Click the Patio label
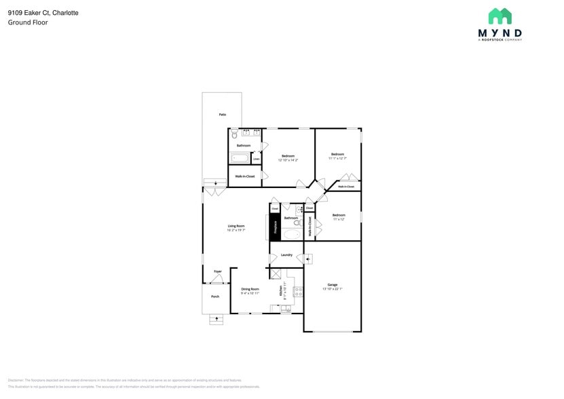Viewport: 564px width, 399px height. (x=222, y=115)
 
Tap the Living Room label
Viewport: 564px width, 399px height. (x=236, y=226)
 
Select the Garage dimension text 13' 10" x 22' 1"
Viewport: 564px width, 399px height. (x=333, y=289)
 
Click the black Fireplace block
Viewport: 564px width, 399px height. (x=275, y=227)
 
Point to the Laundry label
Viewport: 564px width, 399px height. (x=286, y=255)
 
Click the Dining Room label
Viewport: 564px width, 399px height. (x=250, y=289)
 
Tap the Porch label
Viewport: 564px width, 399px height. (x=215, y=297)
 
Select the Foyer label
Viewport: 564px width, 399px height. (x=217, y=271)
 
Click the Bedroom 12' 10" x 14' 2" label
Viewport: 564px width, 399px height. (x=288, y=156)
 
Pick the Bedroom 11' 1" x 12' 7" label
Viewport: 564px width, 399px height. (x=337, y=154)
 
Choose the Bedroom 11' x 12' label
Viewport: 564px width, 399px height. (x=338, y=215)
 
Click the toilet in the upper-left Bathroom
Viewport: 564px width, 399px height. (x=234, y=135)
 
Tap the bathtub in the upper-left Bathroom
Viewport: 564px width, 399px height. (x=240, y=158)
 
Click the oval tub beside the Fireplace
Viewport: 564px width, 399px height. (x=292, y=235)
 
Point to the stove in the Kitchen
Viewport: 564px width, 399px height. (x=298, y=292)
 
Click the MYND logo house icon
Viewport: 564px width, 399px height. (x=500, y=16)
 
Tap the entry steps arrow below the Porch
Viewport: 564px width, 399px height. (x=217, y=318)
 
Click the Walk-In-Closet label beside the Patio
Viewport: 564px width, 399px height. (x=244, y=176)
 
